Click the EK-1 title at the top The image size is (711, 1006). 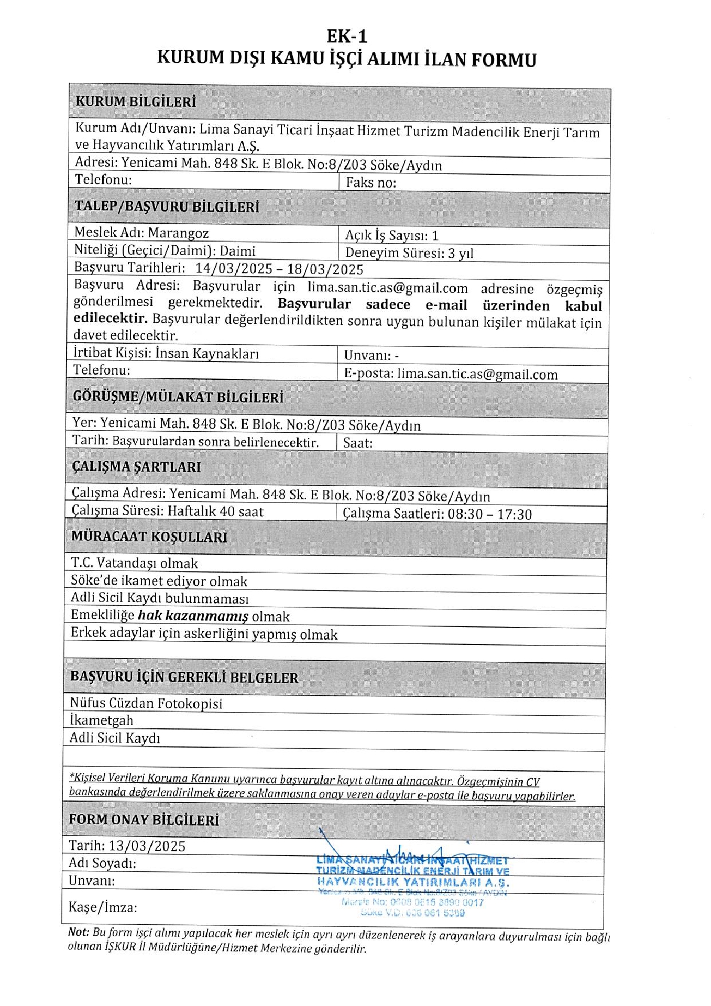coord(347,36)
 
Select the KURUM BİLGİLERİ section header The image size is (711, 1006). coord(136,101)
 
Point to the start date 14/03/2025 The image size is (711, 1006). coord(234,269)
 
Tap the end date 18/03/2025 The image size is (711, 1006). coord(325,269)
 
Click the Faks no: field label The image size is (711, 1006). coord(371,183)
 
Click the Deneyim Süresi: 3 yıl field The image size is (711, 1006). coord(409,253)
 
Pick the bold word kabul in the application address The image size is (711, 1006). coord(583,306)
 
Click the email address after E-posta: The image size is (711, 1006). coord(477,374)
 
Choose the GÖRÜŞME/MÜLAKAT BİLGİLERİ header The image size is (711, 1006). coord(178,397)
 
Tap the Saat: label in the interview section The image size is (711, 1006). coord(358,443)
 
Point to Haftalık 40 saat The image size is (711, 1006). coord(215,511)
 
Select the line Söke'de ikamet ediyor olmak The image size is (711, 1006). coord(159,581)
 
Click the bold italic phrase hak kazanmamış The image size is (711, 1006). coord(193,616)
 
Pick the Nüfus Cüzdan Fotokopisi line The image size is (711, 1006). coord(146,703)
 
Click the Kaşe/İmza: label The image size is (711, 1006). coord(103,907)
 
